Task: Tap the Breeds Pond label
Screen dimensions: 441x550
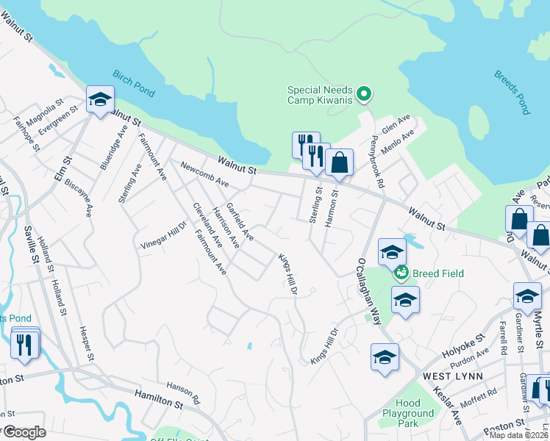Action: click(511, 93)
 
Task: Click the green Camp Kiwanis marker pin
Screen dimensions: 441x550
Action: click(363, 93)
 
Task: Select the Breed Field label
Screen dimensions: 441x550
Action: click(438, 273)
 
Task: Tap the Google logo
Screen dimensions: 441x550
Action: click(24, 432)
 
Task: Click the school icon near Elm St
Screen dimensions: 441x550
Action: click(99, 101)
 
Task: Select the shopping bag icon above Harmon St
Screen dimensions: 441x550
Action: click(339, 163)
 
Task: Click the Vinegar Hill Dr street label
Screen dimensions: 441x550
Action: click(165, 236)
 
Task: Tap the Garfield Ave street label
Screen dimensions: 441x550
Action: click(240, 222)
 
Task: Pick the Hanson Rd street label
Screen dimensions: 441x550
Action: click(183, 393)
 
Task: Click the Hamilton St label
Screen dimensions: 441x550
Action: click(158, 400)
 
